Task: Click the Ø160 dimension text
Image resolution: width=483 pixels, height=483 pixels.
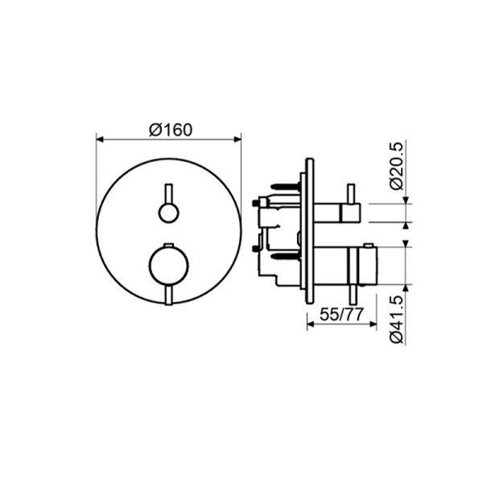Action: coord(171,130)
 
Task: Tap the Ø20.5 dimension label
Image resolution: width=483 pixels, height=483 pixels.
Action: coord(396,166)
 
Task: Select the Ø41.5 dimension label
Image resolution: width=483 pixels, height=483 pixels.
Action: coord(396,319)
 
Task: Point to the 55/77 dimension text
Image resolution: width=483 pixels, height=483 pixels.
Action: coord(342,315)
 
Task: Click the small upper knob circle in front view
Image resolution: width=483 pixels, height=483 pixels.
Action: coord(168,213)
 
